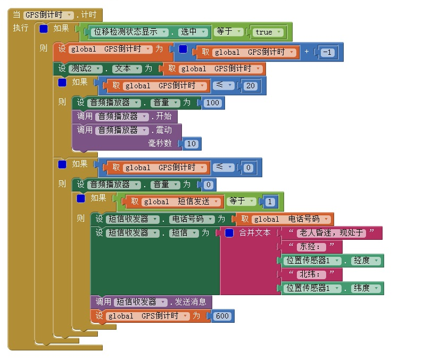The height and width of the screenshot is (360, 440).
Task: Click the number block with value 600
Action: (222, 316)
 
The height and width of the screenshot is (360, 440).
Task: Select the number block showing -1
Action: (328, 52)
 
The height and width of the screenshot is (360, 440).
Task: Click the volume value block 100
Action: (212, 103)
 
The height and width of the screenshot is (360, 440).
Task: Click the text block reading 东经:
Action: (311, 247)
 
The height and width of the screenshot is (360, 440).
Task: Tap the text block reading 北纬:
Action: (311, 274)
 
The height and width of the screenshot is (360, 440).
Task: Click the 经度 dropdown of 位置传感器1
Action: (366, 261)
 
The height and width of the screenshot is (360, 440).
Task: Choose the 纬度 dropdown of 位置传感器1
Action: (366, 288)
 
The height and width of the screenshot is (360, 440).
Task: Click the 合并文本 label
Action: (255, 233)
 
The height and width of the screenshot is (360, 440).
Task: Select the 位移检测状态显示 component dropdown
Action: (130, 32)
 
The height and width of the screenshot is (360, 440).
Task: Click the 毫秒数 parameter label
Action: (160, 144)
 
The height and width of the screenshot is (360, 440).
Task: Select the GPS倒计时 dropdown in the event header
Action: (48, 15)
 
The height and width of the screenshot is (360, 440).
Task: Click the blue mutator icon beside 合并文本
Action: (229, 233)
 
